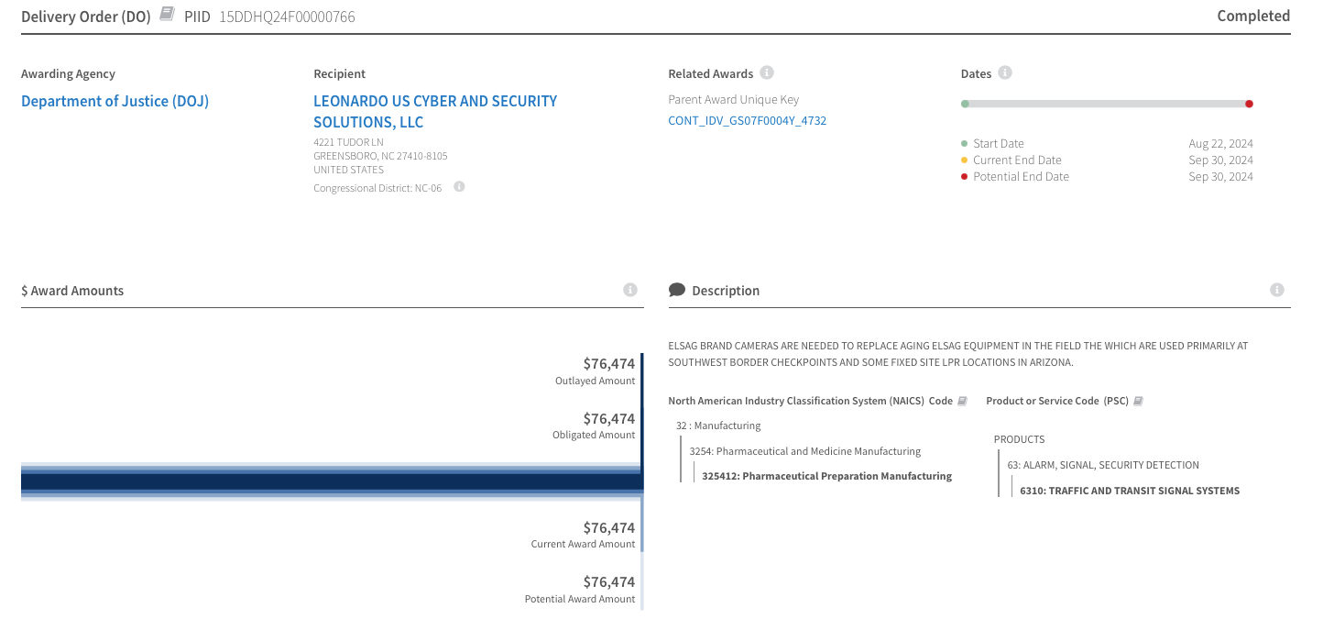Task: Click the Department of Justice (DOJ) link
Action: (x=115, y=101)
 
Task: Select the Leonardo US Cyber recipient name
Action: (x=435, y=111)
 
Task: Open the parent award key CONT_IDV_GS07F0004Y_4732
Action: (x=747, y=120)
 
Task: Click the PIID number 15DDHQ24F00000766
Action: (x=287, y=17)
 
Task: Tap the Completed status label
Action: (x=1252, y=16)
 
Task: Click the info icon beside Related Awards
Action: (x=767, y=72)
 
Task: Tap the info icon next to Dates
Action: (x=1005, y=72)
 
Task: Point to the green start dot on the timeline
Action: (x=965, y=104)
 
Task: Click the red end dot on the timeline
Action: (x=1249, y=104)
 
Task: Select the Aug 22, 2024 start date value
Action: (x=1220, y=143)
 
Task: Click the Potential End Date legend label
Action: (x=1021, y=176)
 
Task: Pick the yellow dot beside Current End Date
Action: (x=964, y=160)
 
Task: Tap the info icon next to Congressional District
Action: (x=459, y=186)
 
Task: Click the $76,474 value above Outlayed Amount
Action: (x=608, y=363)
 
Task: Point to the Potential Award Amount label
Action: (x=579, y=599)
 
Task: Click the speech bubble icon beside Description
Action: (x=677, y=290)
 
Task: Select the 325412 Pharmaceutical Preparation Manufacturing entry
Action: (x=826, y=476)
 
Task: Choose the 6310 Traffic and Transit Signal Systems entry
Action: (x=1129, y=491)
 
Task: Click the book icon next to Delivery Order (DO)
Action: (x=166, y=14)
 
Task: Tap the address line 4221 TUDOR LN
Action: (x=348, y=142)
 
